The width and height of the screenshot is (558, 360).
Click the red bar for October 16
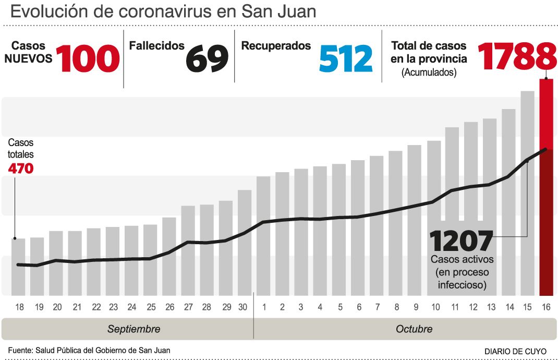pyautogui.click(x=545, y=188)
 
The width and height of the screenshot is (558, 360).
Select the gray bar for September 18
pyautogui.click(x=19, y=266)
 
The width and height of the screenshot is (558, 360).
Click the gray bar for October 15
pyautogui.click(x=527, y=193)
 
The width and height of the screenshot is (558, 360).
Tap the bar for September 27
pyautogui.click(x=188, y=250)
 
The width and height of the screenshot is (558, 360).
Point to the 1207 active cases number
pyautogui.click(x=461, y=241)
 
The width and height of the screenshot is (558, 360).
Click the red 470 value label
pyautogui.click(x=21, y=169)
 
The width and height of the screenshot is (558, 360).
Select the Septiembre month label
pyautogui.click(x=134, y=329)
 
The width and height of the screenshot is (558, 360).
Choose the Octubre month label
pyautogui.click(x=414, y=329)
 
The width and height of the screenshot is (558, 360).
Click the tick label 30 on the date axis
pyautogui.click(x=242, y=307)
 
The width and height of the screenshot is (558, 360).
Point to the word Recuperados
pyautogui.click(x=276, y=45)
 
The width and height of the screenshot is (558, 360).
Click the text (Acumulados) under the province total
pyautogui.click(x=429, y=73)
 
